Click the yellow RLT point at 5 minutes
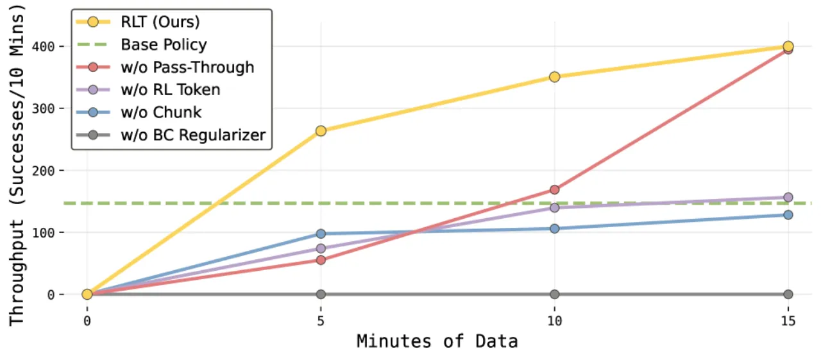click(321, 131)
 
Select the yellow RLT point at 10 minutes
click(555, 77)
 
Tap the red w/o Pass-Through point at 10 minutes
click(555, 190)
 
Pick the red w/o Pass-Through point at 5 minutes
click(321, 261)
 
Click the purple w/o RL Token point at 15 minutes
click(788, 198)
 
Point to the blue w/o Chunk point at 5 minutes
click(321, 234)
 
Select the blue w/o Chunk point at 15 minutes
click(788, 215)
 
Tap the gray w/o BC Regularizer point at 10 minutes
click(555, 294)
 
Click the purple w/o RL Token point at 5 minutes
click(321, 248)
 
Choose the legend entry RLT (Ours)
click(160, 22)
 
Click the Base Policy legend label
click(164, 45)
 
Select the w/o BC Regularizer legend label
click(193, 135)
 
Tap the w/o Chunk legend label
click(161, 112)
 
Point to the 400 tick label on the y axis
click(43, 47)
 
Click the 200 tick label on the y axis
click(43, 171)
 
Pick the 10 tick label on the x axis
click(555, 321)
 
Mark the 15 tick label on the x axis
click(788, 321)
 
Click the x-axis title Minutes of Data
click(437, 341)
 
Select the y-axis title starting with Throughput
click(17, 165)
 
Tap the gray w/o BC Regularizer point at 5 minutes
click(321, 294)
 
